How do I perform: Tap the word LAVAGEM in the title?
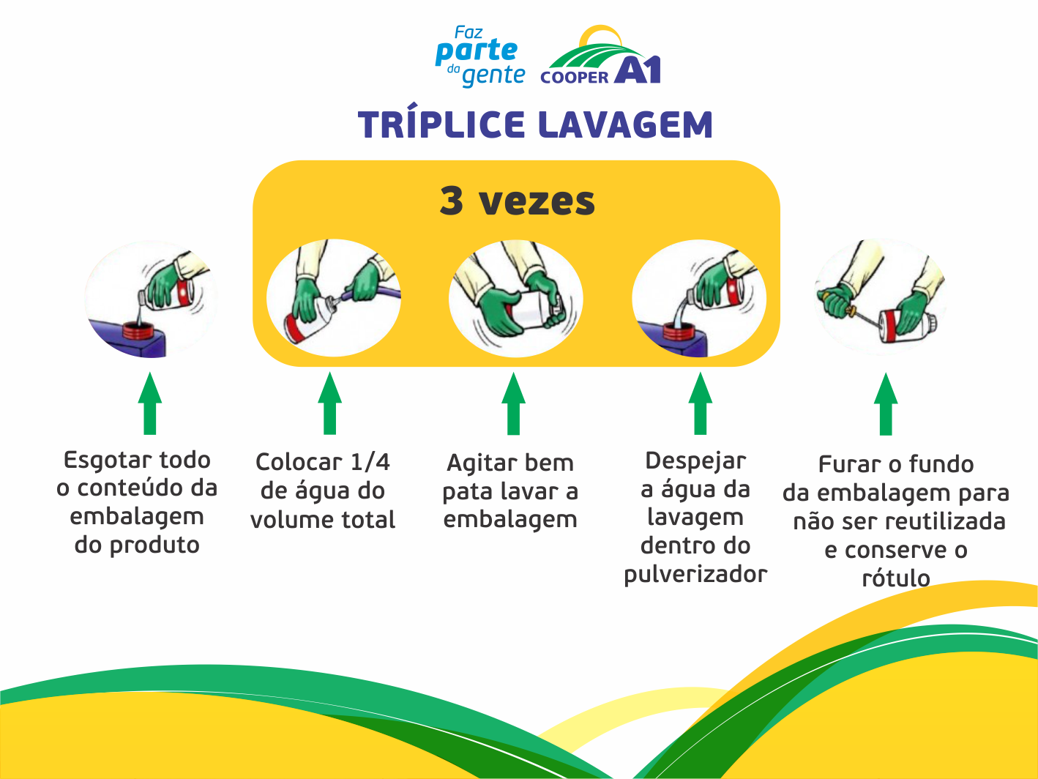tap(625, 125)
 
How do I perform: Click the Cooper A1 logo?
tap(601, 59)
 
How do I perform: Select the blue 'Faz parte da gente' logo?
tap(480, 57)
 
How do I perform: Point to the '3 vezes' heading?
tap(517, 201)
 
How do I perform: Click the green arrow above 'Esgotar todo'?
tap(150, 403)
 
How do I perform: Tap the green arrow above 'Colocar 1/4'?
tap(330, 403)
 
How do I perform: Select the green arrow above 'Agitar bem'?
tap(513, 403)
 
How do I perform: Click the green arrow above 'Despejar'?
tap(700, 403)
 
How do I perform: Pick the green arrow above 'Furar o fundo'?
tap(886, 404)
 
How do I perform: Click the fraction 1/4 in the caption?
tap(370, 463)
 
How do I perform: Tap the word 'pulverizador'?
tap(695, 575)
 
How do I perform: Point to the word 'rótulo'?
tap(896, 578)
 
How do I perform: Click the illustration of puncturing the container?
tap(881, 297)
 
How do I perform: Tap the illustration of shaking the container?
tap(516, 299)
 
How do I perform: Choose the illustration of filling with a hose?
tap(334, 297)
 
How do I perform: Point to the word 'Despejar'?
tap(695, 461)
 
